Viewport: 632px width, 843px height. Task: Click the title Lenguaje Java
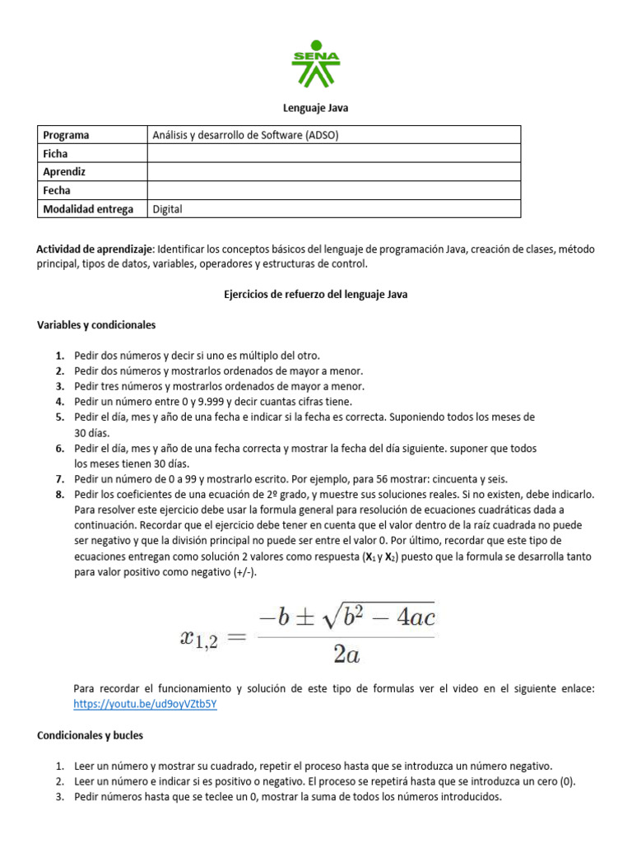tap(316, 108)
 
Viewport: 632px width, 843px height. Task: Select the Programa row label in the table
tap(66, 135)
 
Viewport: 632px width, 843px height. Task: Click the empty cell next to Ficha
tap(333, 154)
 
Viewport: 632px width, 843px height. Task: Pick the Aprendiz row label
tap(64, 172)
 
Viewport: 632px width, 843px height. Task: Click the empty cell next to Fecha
tap(333, 190)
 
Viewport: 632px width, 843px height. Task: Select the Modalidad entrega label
tap(87, 209)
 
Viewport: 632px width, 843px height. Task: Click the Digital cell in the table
tap(168, 209)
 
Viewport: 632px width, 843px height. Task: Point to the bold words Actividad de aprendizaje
tap(95, 249)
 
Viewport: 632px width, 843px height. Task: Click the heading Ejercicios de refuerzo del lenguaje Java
tap(316, 295)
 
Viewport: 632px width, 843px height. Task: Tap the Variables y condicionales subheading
tap(96, 325)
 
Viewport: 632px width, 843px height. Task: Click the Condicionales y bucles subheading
tap(90, 735)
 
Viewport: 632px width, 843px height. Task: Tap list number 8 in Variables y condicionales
tap(59, 495)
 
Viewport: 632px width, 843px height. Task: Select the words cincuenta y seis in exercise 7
tap(469, 479)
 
